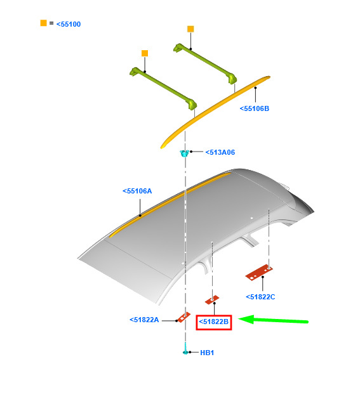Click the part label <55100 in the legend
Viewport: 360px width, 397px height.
click(x=69, y=24)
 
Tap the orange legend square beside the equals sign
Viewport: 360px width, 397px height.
click(x=43, y=23)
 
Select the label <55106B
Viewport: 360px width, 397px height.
click(x=254, y=108)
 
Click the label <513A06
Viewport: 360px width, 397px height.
click(x=220, y=152)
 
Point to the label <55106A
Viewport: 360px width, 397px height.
click(x=137, y=191)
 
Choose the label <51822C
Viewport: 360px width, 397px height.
click(x=260, y=297)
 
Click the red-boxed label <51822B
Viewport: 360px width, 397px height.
click(x=214, y=322)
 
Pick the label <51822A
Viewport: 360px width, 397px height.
click(x=144, y=320)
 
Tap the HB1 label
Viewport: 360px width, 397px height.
click(x=207, y=353)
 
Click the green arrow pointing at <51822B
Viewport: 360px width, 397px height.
click(x=273, y=320)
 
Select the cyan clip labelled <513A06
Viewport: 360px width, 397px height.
click(x=184, y=153)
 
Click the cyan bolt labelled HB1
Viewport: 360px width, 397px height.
click(x=185, y=348)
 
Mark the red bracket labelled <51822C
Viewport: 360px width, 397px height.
click(x=259, y=273)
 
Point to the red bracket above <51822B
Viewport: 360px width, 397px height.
click(x=212, y=299)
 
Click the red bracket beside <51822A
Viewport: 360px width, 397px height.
click(x=183, y=317)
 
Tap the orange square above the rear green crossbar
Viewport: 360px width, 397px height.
click(x=190, y=29)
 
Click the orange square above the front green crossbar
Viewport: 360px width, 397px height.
click(x=145, y=53)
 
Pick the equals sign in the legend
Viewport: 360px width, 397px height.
click(x=51, y=23)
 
